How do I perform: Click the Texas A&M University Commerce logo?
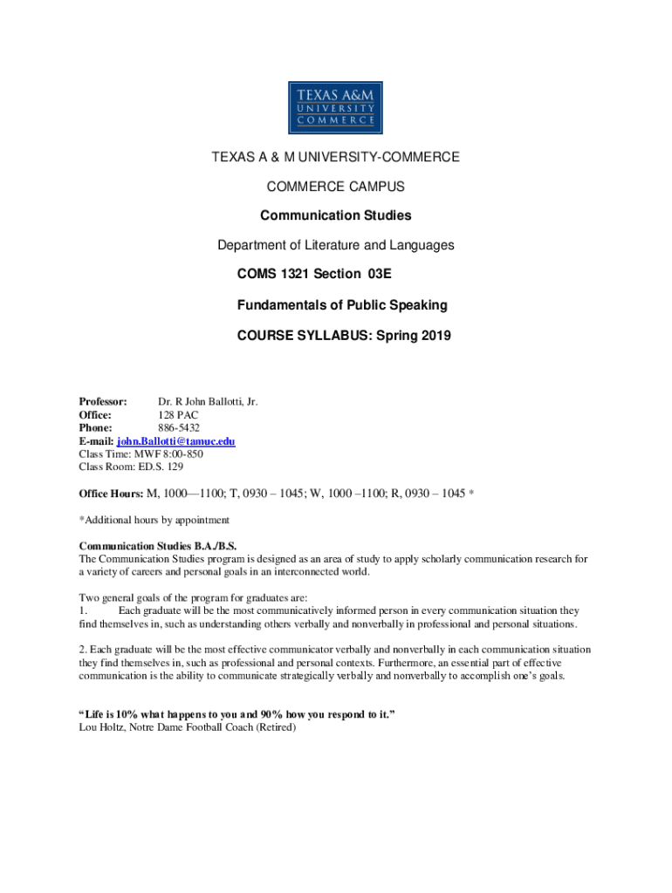[335, 108]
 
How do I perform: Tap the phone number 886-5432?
[178, 428]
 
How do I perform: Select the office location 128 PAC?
[178, 415]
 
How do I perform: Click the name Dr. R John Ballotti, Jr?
[208, 402]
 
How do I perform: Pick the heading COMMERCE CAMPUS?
[335, 187]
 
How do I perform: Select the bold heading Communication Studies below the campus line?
[335, 215]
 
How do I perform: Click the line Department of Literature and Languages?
[335, 245]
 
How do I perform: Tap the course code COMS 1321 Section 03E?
[314, 275]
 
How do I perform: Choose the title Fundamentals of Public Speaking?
[342, 304]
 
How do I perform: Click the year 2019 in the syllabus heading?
[435, 334]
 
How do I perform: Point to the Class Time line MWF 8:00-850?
[141, 453]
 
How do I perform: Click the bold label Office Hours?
[111, 494]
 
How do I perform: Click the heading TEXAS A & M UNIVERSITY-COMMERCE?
[335, 157]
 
